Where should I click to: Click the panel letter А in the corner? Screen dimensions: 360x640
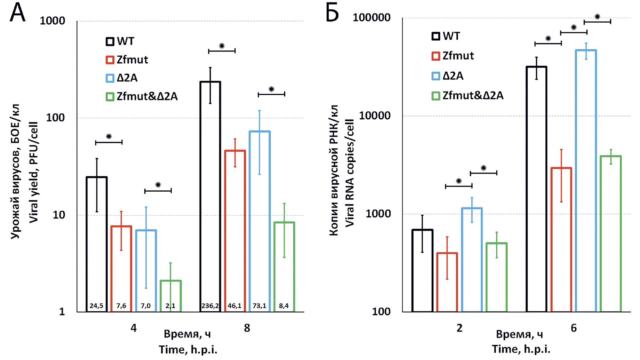pyautogui.click(x=17, y=13)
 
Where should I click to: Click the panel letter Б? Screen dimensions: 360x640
pyautogui.click(x=332, y=13)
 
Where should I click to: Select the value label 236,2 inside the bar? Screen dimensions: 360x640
pyautogui.click(x=210, y=306)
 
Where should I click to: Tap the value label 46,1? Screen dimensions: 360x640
pyautogui.click(x=235, y=306)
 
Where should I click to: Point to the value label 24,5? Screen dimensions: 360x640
pyautogui.click(x=96, y=306)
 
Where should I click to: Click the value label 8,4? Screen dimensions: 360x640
pyautogui.click(x=284, y=306)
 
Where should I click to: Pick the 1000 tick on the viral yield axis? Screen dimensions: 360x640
pyautogui.click(x=53, y=21)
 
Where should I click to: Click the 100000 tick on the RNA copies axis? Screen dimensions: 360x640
pyautogui.click(x=371, y=18)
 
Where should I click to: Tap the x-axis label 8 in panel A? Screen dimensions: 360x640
pyautogui.click(x=247, y=328)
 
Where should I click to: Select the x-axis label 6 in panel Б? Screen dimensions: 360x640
pyautogui.click(x=574, y=328)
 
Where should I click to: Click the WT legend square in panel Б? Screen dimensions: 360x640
pyautogui.click(x=436, y=36)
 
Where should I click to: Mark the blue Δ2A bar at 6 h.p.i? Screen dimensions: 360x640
pyautogui.click(x=586, y=181)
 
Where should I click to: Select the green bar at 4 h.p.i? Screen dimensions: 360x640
pyautogui.click(x=170, y=296)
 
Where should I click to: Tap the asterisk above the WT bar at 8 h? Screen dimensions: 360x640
pyautogui.click(x=222, y=46)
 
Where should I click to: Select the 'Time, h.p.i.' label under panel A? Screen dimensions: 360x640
pyautogui.click(x=188, y=350)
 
